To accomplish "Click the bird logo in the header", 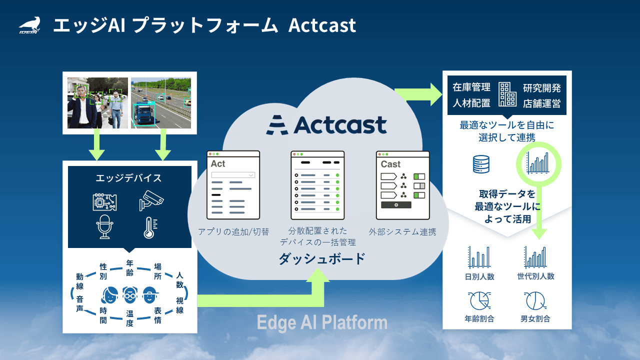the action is pyautogui.click(x=29, y=24).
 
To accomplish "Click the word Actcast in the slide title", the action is pyautogui.click(x=322, y=25).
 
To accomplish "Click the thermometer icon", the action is pyautogui.click(x=149, y=227).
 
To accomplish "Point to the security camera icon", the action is pyautogui.click(x=151, y=200).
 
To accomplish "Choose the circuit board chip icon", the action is pyautogui.click(x=105, y=200).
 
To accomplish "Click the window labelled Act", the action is pyautogui.click(x=233, y=184).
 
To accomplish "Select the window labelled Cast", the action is pyautogui.click(x=402, y=184).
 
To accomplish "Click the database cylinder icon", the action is pyautogui.click(x=480, y=163).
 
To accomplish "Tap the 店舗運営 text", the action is pyautogui.click(x=542, y=103).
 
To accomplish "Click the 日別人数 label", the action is pyautogui.click(x=479, y=276).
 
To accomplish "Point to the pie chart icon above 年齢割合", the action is pyautogui.click(x=479, y=301).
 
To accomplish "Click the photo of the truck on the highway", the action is pyautogui.click(x=161, y=102).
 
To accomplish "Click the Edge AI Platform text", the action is pyautogui.click(x=322, y=322).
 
